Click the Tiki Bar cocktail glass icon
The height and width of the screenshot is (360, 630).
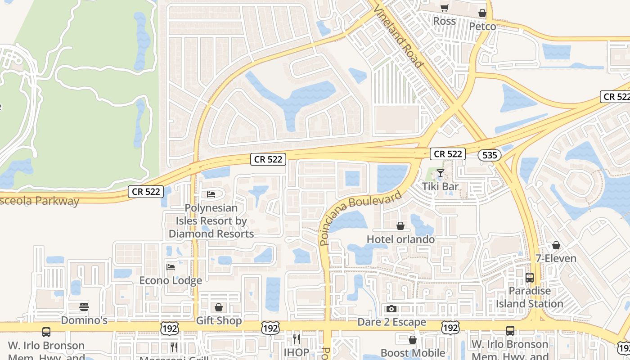[x=440, y=173]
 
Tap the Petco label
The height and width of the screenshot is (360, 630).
[x=482, y=27]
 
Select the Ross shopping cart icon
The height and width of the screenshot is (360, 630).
[x=444, y=8]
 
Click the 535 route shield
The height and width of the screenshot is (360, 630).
[x=489, y=155]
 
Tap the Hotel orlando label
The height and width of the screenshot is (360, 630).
[x=400, y=239]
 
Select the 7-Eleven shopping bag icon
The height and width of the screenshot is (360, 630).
[x=556, y=245]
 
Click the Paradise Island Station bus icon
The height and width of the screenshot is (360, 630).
[x=529, y=278]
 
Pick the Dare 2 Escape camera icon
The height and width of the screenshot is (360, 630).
[x=391, y=309]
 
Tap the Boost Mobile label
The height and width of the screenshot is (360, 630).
[x=413, y=353]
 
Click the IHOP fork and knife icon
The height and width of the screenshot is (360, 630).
[x=296, y=338]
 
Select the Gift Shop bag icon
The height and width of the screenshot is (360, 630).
[x=219, y=307]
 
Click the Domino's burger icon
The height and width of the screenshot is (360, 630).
[x=84, y=307]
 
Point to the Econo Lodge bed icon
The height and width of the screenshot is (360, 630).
[x=171, y=267]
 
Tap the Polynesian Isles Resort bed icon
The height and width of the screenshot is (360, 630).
[x=211, y=194]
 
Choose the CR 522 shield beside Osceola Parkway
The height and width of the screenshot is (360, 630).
[x=146, y=191]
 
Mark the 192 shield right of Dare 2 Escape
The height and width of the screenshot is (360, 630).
[x=450, y=328]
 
